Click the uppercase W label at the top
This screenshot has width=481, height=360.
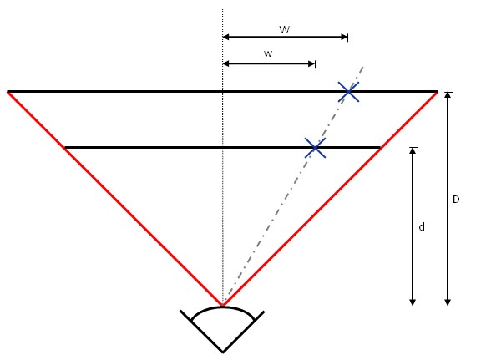coord(285,30)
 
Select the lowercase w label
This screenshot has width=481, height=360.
coord(268,53)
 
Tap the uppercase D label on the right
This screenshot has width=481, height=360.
coord(456,200)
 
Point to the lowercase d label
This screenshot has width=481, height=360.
coord(422,227)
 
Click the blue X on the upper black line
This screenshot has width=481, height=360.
coord(348,91)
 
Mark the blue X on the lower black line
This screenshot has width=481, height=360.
coord(315,148)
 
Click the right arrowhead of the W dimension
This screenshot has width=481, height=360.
coord(344,37)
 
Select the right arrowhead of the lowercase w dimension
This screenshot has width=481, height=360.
coord(311,63)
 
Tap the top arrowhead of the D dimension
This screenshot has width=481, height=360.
coord(448,95)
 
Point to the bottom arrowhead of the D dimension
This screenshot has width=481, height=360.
coord(448,302)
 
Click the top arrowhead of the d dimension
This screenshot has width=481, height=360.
coord(413,151)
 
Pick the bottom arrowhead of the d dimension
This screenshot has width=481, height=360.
coord(413,302)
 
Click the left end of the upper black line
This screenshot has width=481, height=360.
coord(8,91)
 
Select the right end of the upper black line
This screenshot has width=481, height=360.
coord(437,91)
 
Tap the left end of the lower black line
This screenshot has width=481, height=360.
coord(65,148)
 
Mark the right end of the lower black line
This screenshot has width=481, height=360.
coord(380,148)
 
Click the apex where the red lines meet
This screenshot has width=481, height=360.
coord(223,306)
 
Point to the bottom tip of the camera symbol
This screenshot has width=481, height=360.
coord(223,352)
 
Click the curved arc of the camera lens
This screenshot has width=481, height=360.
coord(223,307)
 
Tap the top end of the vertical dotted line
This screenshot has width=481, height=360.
coord(222,8)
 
